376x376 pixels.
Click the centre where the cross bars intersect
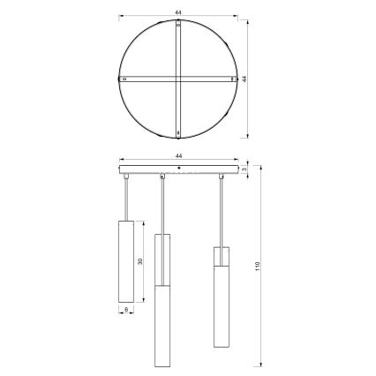178,79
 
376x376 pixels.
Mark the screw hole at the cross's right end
233,79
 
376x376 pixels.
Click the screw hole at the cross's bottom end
178,133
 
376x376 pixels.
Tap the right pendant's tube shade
221,301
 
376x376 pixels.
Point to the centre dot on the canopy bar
178,167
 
